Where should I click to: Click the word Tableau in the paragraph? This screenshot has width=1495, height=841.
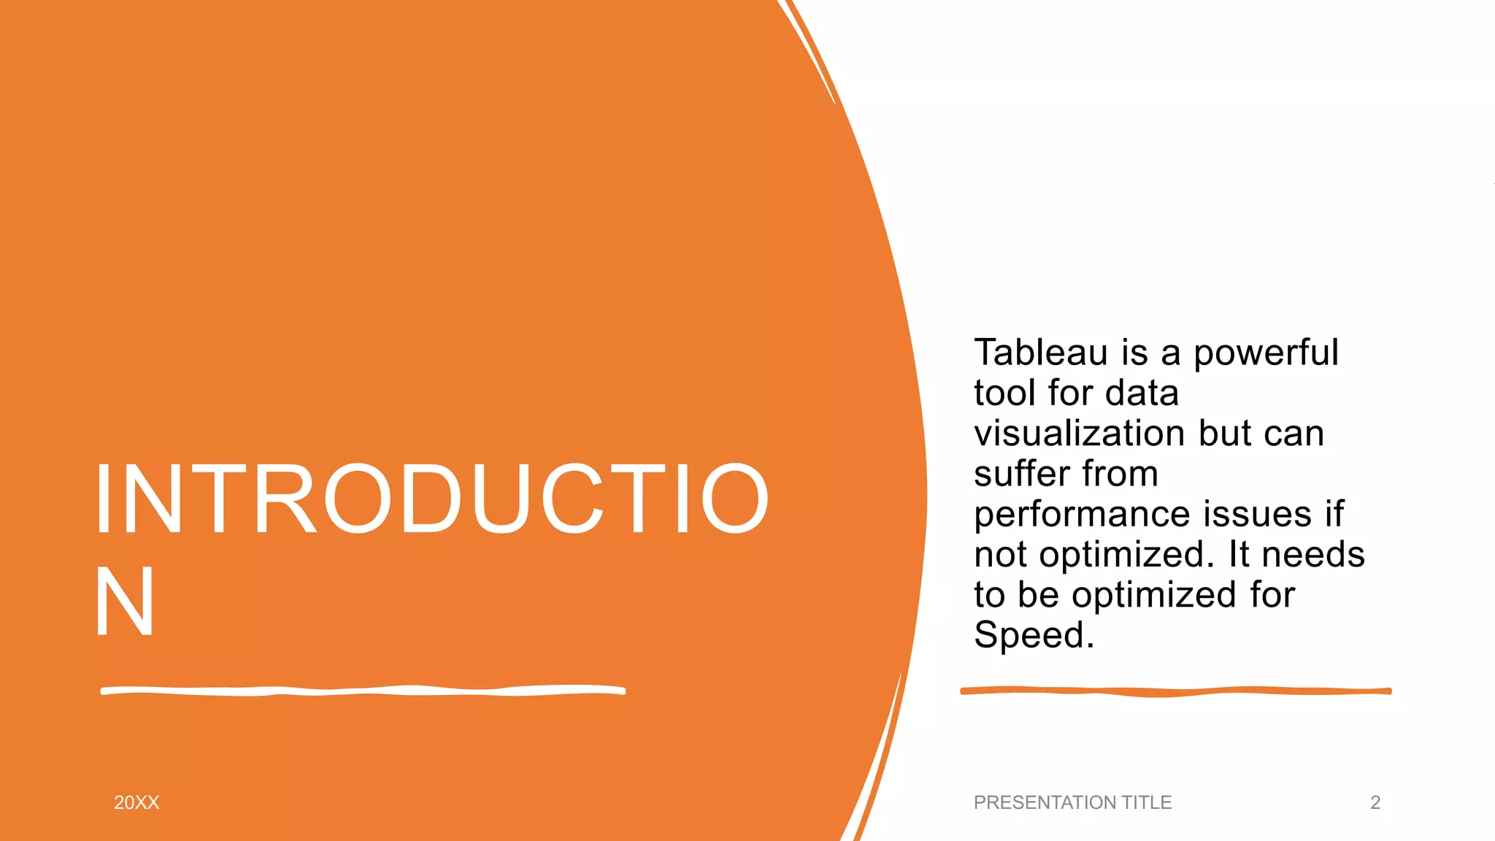[1040, 353]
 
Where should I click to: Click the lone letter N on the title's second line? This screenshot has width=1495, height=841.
[124, 602]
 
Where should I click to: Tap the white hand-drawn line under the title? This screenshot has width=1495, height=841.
[363, 691]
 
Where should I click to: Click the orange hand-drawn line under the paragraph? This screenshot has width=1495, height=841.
[1175, 691]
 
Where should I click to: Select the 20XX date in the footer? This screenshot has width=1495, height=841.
[137, 802]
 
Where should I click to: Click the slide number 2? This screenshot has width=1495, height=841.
[1375, 802]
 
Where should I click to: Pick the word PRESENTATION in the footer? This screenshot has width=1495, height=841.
[1045, 802]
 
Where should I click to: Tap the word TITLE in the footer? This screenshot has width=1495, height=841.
[1146, 802]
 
